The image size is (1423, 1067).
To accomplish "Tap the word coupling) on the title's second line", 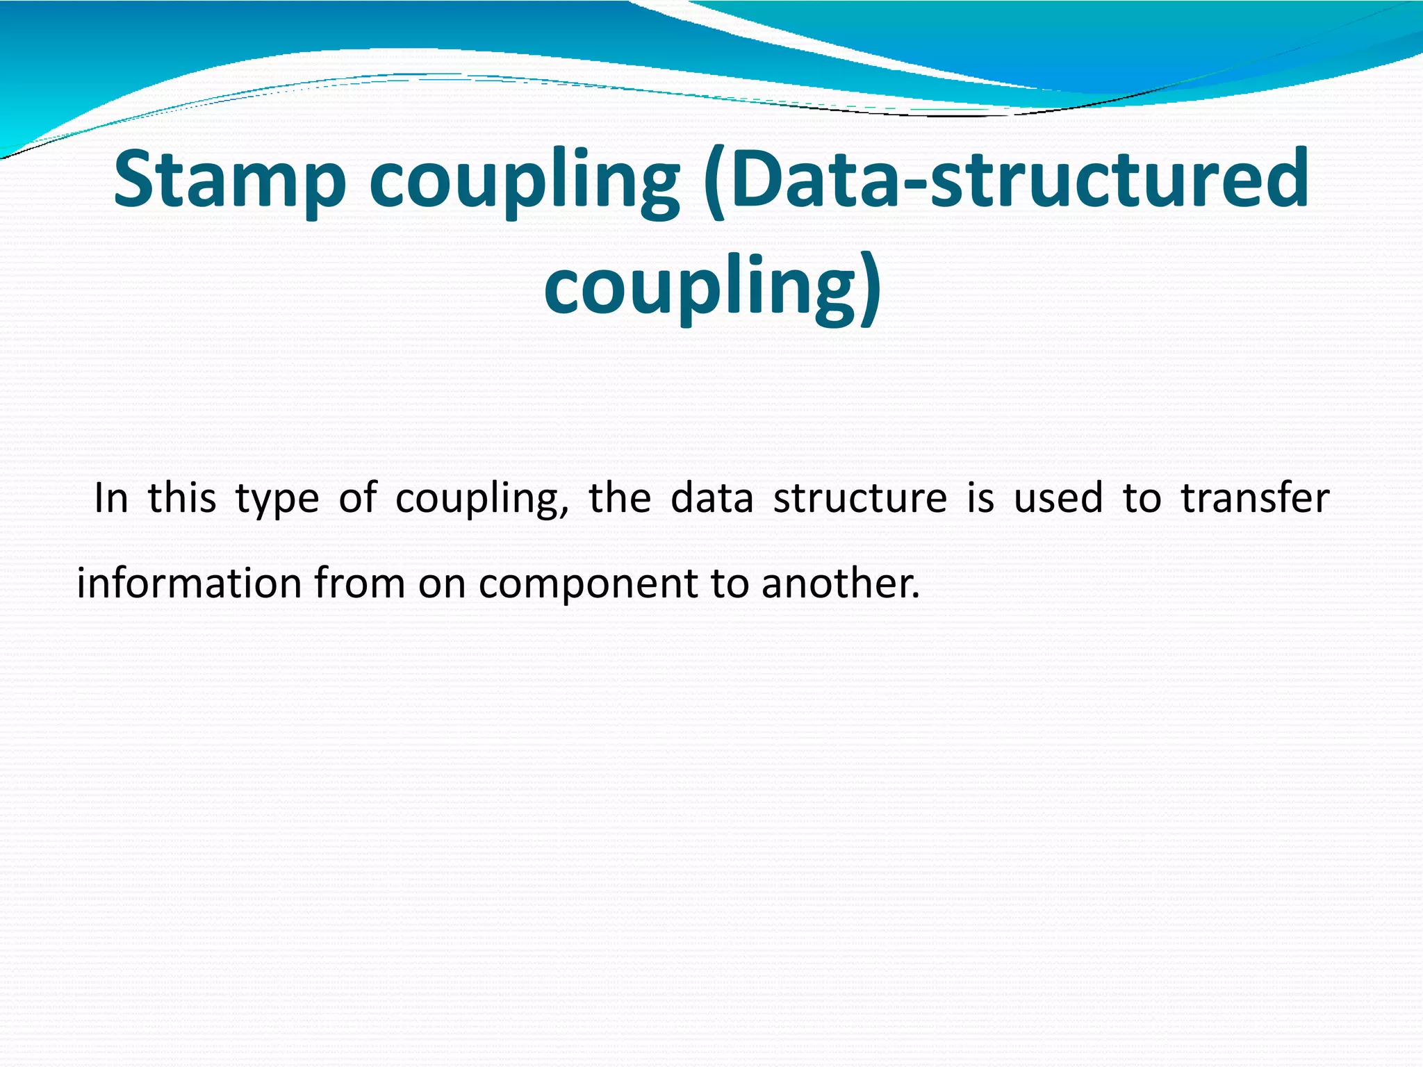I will pos(712,286).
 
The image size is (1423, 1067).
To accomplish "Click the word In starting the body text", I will pos(111,498).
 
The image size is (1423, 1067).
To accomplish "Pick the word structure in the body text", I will pos(860,498).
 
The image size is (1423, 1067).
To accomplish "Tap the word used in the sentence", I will pos(1058,498).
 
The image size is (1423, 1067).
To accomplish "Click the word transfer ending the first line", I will pos(1255,498).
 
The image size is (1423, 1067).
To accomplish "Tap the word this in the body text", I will pos(182,498).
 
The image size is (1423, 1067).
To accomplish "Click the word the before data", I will pos(620,498).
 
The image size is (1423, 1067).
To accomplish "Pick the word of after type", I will pos(358,498).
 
